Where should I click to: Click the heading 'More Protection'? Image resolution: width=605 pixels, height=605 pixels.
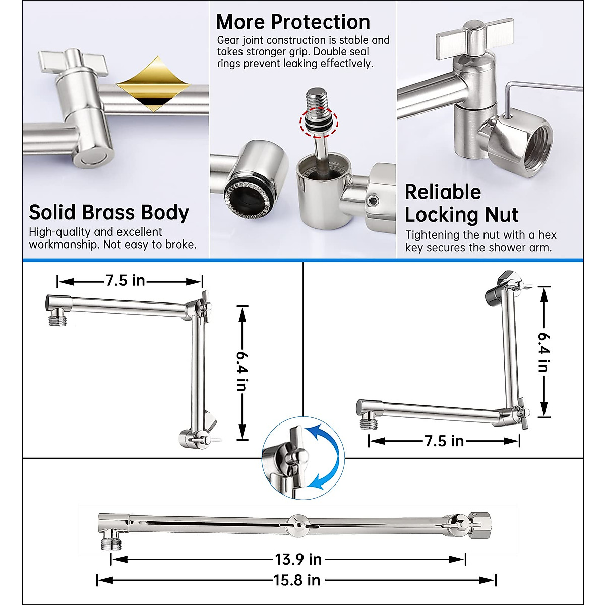[x=293, y=22]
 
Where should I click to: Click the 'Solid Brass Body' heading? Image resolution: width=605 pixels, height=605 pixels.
[x=109, y=213]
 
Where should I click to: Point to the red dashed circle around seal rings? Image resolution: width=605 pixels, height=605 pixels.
[x=319, y=123]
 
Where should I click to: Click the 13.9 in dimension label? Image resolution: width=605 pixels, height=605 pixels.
[x=298, y=559]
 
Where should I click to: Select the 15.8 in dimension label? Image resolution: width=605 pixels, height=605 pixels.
[x=297, y=580]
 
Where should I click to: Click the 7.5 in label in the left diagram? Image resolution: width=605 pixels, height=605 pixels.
[x=125, y=281]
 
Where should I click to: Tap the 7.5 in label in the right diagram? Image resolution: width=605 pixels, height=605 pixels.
[x=444, y=441]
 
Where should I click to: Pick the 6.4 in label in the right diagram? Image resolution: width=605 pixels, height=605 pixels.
[x=543, y=351]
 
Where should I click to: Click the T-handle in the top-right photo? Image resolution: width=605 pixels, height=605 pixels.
[x=473, y=37]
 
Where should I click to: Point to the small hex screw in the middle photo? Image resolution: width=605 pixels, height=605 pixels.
[x=373, y=202]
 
